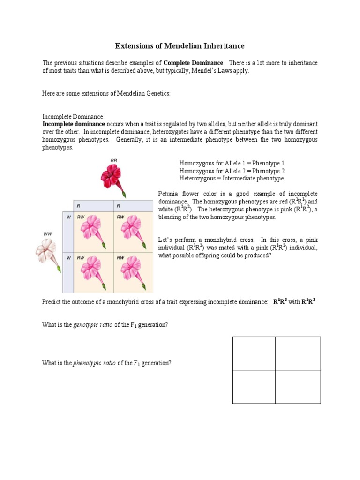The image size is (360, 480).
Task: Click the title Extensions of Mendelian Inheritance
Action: [x=180, y=46]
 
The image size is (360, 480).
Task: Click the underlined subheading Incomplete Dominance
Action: [x=73, y=117]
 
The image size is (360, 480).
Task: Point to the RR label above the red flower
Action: [x=113, y=160]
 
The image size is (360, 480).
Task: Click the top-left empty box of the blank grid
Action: [x=254, y=353]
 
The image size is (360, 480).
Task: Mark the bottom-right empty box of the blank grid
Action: [x=298, y=387]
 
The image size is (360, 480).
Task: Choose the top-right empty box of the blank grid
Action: [x=298, y=353]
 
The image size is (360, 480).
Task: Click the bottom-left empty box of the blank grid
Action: [x=254, y=387]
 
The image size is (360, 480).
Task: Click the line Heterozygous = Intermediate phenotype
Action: [x=231, y=179]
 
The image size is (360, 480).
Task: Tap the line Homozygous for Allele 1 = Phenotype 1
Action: [x=232, y=163]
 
